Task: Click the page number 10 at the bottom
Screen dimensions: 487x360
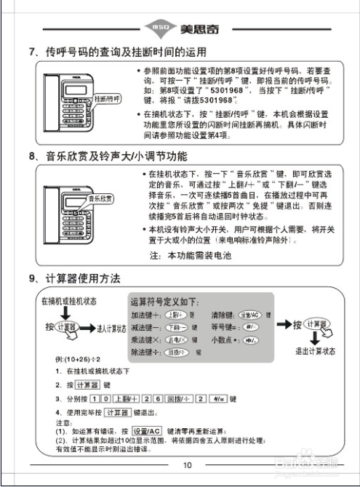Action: (187, 465)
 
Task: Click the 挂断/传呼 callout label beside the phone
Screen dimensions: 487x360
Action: (108, 97)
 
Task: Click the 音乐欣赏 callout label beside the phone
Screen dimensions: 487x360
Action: (101, 198)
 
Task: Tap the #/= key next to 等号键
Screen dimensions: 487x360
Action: (249, 326)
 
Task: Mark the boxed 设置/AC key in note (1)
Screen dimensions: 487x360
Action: (147, 430)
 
